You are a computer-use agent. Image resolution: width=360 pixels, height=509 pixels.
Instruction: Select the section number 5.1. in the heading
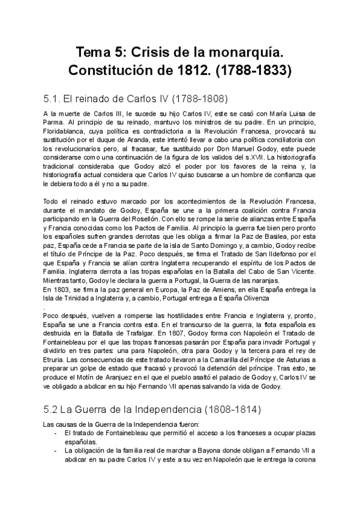[x=55, y=98]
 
